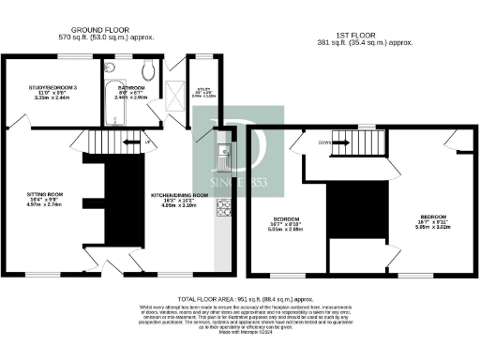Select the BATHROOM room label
click(x=131, y=87)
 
